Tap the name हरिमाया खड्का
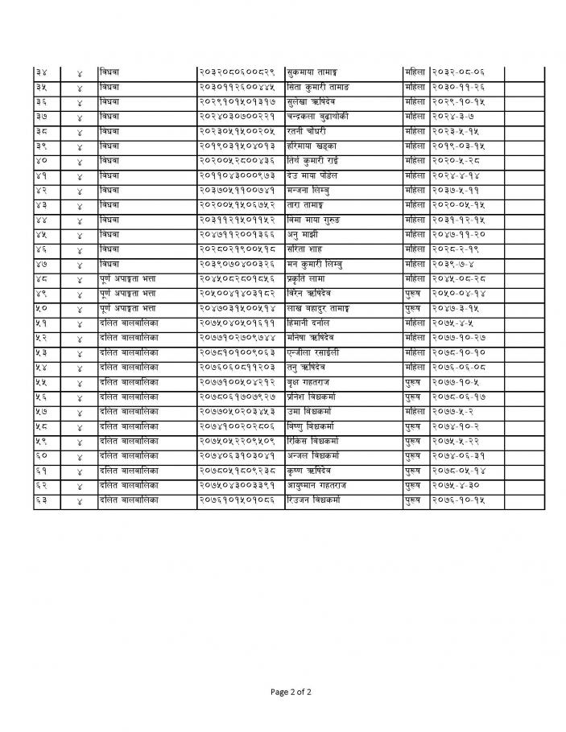click(x=311, y=146)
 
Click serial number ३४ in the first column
click(x=42, y=72)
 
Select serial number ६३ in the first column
click(x=42, y=500)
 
